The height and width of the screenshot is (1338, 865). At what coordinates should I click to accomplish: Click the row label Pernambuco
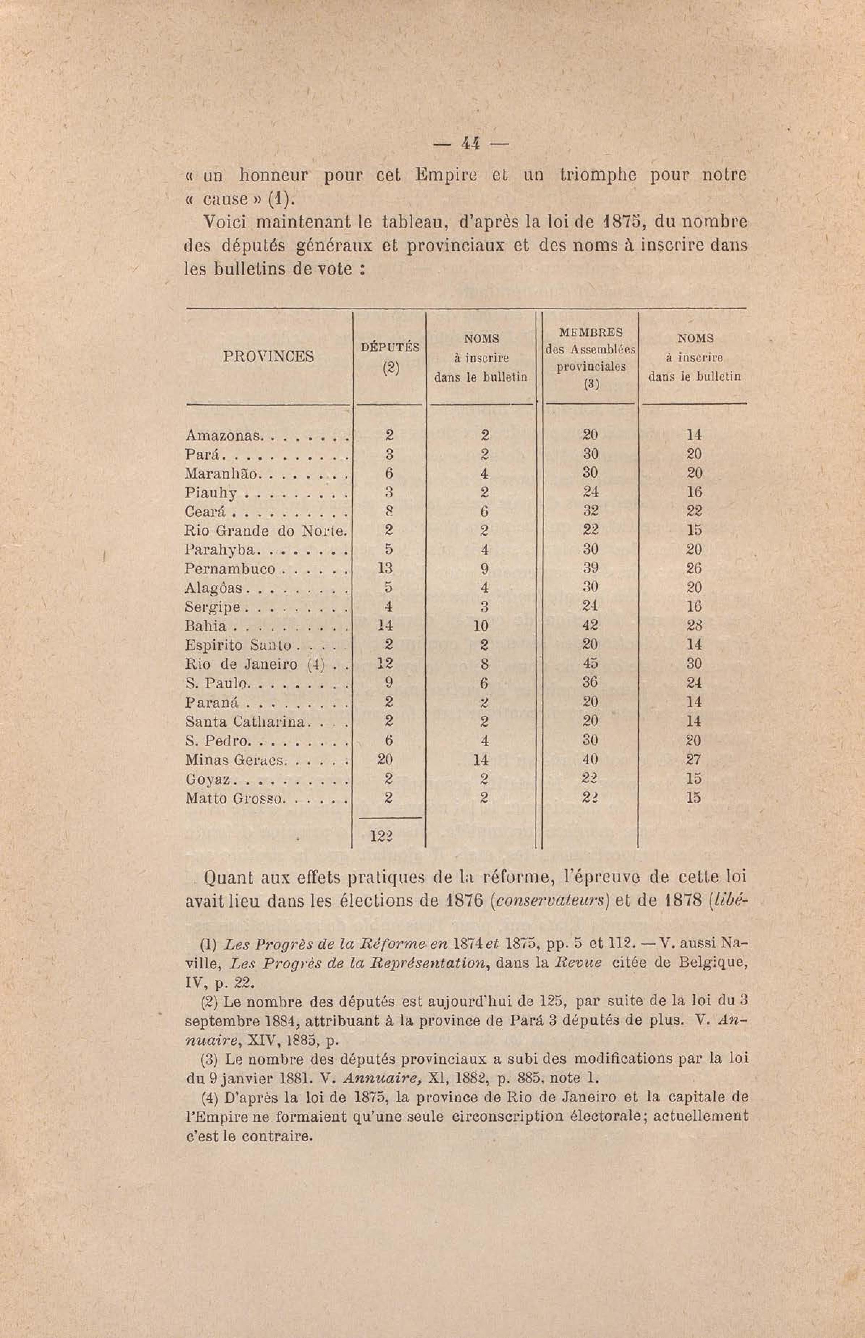(230, 569)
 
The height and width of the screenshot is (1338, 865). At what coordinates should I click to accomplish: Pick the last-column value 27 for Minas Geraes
(694, 760)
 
